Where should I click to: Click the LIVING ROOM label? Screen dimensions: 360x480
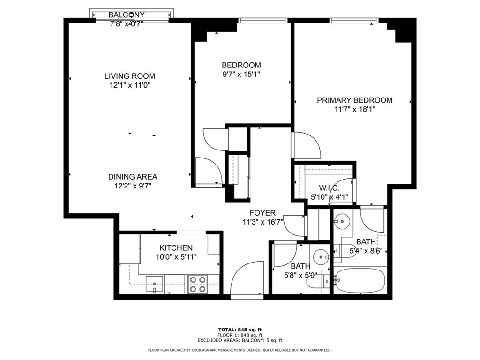click(x=129, y=76)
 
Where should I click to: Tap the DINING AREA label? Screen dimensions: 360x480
click(x=133, y=177)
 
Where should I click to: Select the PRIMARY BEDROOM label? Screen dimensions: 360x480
click(x=354, y=100)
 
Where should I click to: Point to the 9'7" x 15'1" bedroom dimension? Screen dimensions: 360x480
click(x=241, y=74)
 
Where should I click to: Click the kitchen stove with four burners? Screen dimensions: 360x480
click(x=198, y=284)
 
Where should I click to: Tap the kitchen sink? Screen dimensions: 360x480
click(x=154, y=284)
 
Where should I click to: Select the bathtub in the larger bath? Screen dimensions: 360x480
click(x=359, y=280)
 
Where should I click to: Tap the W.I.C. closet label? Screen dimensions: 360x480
click(x=330, y=188)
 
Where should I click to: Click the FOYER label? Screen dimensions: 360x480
click(x=262, y=213)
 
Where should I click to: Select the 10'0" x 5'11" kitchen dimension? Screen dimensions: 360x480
click(x=176, y=257)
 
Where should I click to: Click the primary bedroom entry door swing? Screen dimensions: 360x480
click(x=306, y=146)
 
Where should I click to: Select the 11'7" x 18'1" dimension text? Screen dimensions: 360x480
click(x=354, y=109)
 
